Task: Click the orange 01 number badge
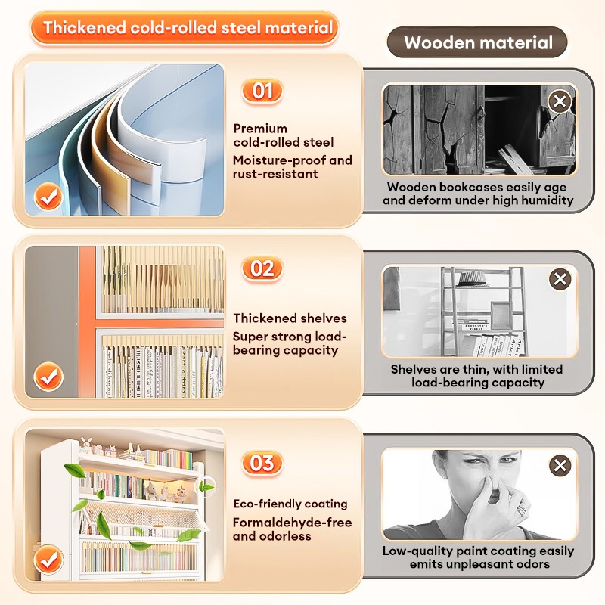[262, 92]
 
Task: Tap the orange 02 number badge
[262, 268]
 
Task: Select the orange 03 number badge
[262, 463]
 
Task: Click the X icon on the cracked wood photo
[560, 101]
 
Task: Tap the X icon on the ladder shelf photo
[560, 278]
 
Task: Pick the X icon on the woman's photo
[560, 465]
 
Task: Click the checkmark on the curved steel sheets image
[48, 197]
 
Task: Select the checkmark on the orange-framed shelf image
[48, 377]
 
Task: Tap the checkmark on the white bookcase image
[48, 560]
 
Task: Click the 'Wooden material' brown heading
[478, 42]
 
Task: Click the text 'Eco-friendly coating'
[290, 504]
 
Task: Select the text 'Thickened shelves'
[290, 318]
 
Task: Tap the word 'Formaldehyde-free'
[293, 523]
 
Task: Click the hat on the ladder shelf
[471, 278]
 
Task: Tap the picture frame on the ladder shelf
[501, 315]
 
